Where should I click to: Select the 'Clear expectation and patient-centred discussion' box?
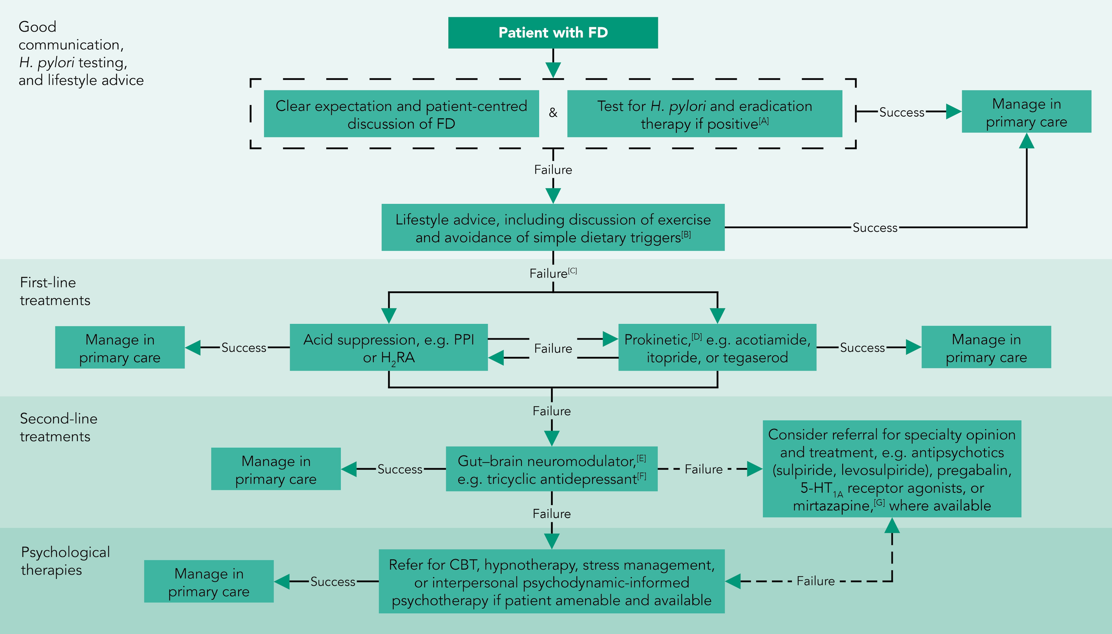tap(401, 114)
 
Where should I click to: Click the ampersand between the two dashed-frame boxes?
tap(553, 113)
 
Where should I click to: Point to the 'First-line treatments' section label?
tap(55, 291)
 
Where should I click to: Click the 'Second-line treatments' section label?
tap(58, 427)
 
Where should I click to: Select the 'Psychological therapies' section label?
tap(65, 561)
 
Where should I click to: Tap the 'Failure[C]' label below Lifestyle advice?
tap(552, 274)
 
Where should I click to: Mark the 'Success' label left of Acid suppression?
tap(244, 348)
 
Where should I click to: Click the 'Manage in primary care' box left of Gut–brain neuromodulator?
tap(276, 469)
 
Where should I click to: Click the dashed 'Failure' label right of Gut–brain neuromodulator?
tap(703, 469)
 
